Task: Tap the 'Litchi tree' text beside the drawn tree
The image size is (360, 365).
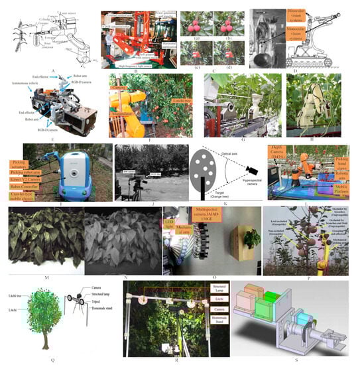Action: point(31,301)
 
